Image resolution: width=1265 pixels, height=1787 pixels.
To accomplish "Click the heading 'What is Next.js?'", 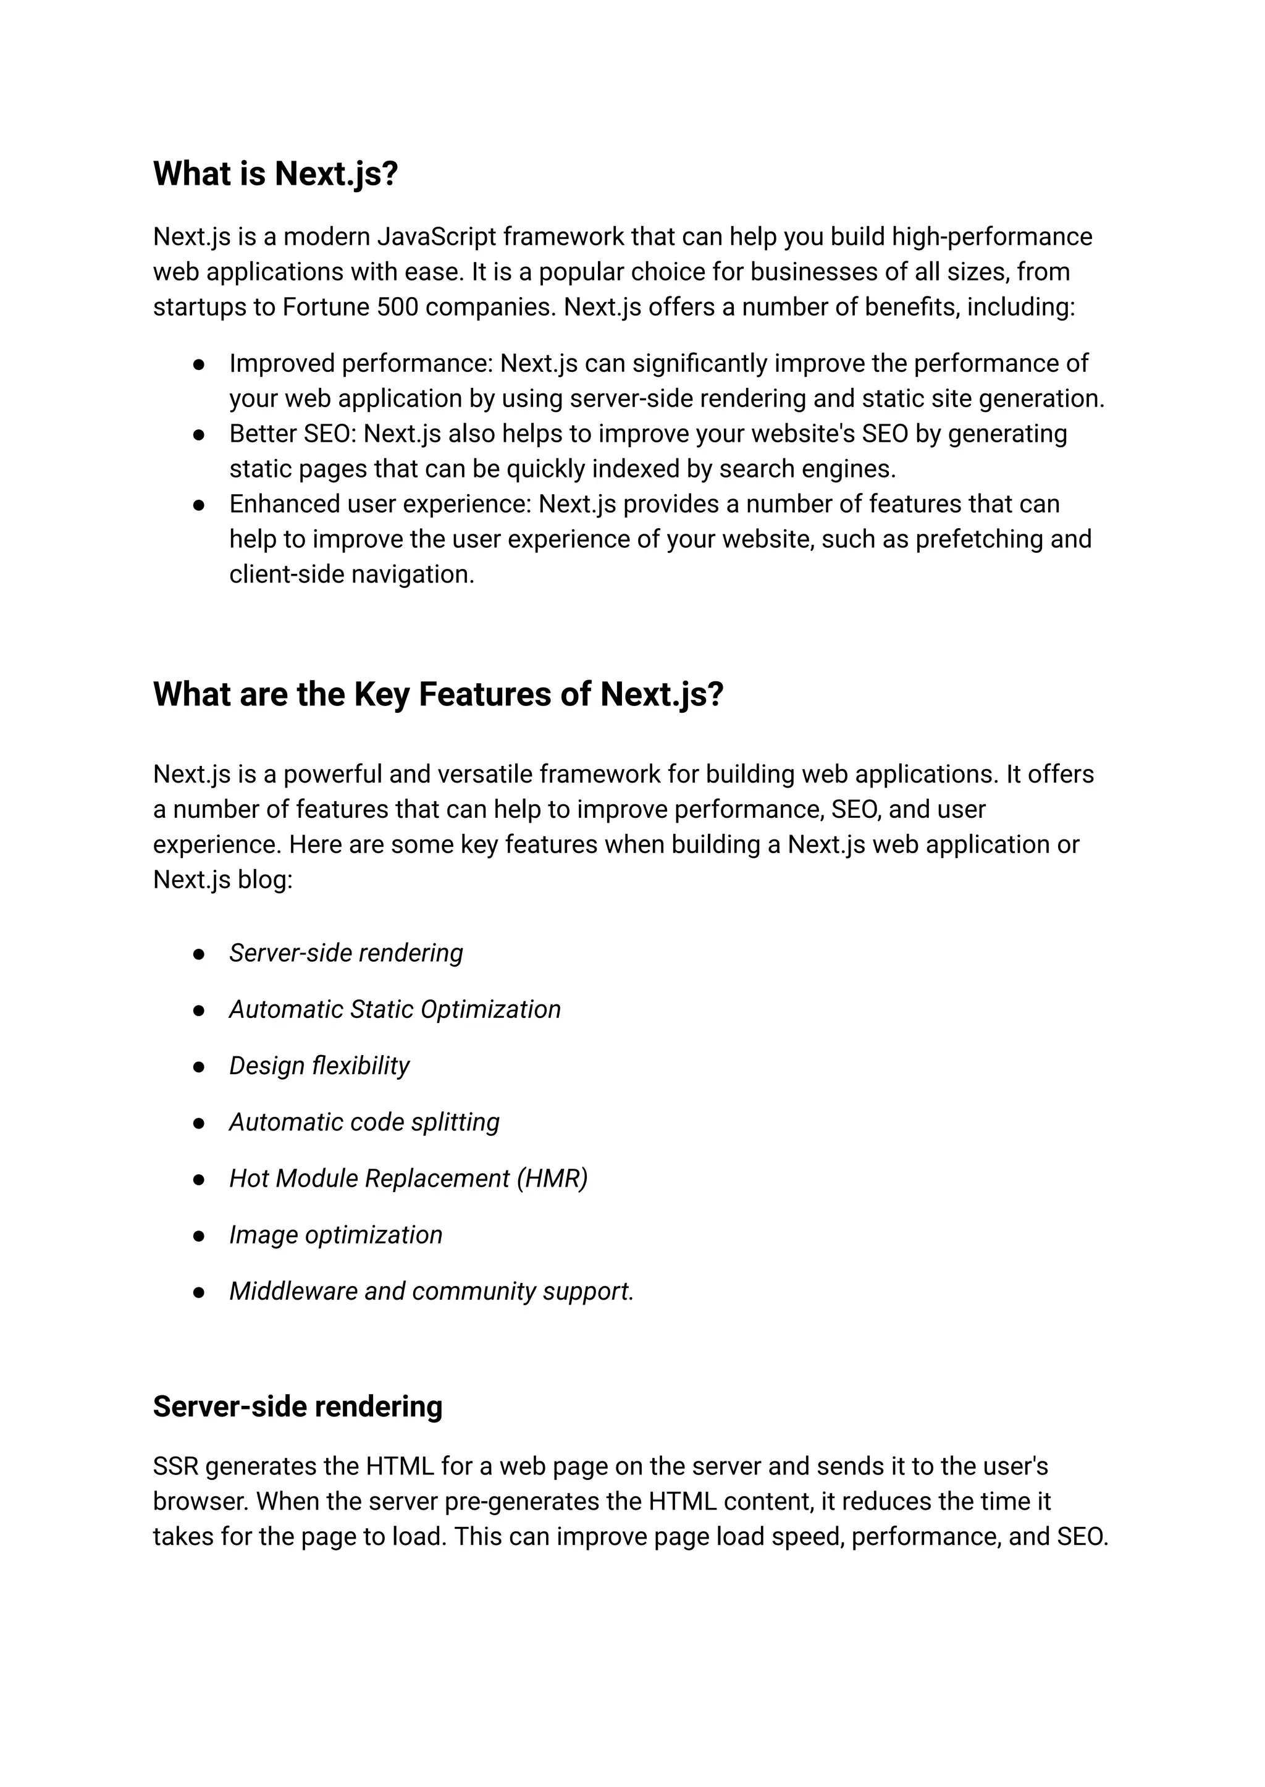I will click(x=275, y=174).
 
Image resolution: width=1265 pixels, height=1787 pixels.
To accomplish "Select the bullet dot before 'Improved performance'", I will click(x=199, y=364).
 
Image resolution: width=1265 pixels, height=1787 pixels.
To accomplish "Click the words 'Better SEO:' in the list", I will click(x=292, y=434).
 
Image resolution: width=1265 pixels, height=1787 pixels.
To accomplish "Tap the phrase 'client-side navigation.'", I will click(x=351, y=574).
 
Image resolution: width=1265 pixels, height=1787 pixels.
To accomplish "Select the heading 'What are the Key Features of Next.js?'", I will click(x=438, y=694).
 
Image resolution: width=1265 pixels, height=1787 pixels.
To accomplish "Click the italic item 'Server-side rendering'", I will click(x=346, y=952).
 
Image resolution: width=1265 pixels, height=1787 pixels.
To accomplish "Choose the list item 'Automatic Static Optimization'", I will click(x=395, y=1009).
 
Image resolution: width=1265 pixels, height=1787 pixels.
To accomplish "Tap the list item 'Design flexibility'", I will click(x=319, y=1066).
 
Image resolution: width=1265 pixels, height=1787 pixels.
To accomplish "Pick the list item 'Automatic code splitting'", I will click(x=364, y=1122).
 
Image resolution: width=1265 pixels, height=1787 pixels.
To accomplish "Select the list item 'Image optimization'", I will click(x=336, y=1235).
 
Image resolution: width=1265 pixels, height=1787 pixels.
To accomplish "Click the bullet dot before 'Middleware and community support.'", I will click(x=199, y=1292).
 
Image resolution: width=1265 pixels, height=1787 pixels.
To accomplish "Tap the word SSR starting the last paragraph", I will click(x=175, y=1467).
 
